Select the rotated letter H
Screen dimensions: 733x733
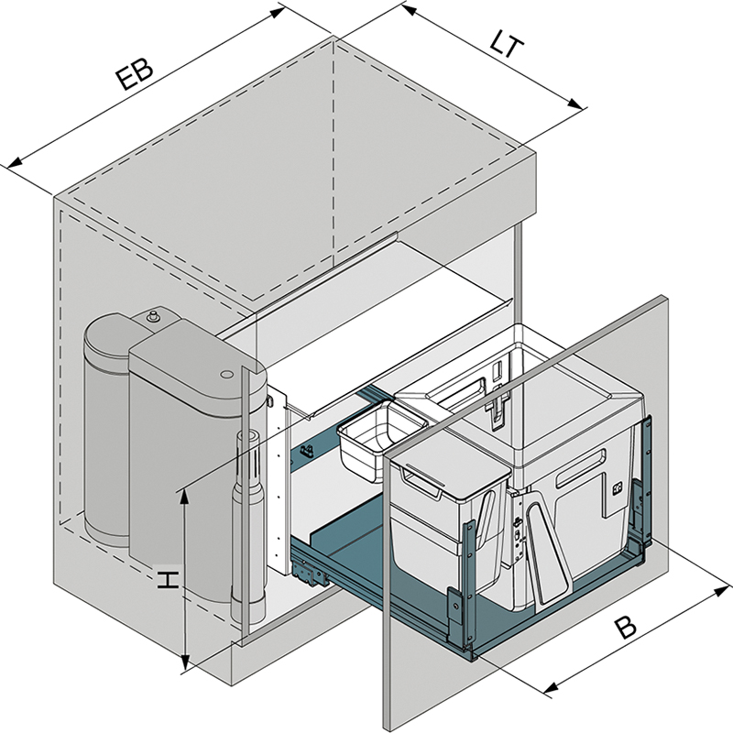(167, 579)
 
